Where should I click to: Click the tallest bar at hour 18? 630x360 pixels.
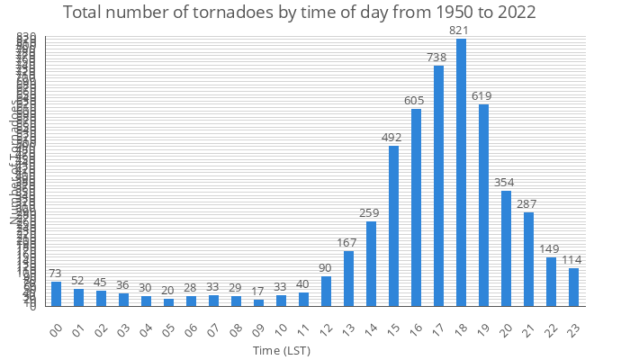[x=461, y=172]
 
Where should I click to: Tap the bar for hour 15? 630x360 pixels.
[x=393, y=225]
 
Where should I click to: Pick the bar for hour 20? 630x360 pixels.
[x=506, y=247]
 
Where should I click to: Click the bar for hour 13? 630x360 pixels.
[x=348, y=278]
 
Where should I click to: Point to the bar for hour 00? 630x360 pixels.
[x=56, y=293]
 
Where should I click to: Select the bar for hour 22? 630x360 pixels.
[x=551, y=281]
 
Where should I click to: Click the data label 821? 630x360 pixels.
[x=461, y=31]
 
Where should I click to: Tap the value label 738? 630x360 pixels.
[x=438, y=58]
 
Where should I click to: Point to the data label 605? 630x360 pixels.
[x=416, y=101]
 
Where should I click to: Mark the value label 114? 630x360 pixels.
[x=573, y=260]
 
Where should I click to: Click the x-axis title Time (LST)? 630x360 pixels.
[x=282, y=350]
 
